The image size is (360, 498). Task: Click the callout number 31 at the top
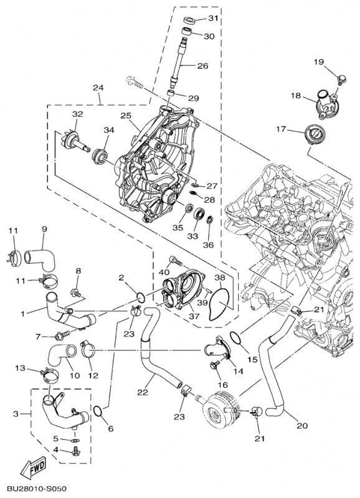[x=213, y=18]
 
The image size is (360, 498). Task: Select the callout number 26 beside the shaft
[x=203, y=66]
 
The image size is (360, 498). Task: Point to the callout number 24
[x=98, y=88]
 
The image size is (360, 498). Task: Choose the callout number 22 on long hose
[x=142, y=393]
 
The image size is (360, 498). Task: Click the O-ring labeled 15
[x=237, y=339]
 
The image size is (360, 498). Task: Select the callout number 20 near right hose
[x=302, y=426]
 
